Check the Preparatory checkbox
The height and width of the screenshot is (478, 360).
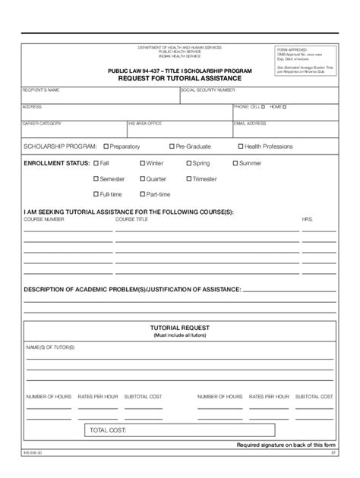106,146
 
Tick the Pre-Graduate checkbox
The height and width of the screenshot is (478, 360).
172,146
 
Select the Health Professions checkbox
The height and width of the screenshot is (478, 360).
240,146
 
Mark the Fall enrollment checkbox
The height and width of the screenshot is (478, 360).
96,163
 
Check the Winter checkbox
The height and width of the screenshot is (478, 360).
142,163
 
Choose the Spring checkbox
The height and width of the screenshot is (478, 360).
188,163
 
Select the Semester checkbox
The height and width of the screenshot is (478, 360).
96,179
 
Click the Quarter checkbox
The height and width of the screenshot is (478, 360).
142,179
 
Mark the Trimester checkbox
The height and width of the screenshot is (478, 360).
188,179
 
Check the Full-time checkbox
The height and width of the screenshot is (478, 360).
96,194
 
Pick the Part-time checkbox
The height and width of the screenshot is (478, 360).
142,194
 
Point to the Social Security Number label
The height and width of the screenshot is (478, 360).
207,90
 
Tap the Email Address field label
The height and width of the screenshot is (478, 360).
250,123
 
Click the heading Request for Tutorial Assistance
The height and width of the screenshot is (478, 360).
180,77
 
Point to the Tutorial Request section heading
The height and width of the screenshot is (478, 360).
180,328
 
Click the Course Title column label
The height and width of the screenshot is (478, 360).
131,219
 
